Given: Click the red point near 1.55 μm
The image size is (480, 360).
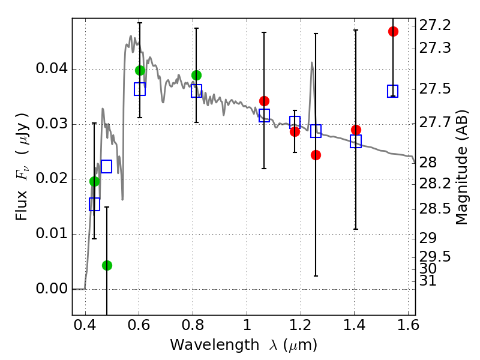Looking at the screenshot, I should tap(393, 31).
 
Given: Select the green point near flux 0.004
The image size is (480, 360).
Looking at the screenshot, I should tap(107, 265).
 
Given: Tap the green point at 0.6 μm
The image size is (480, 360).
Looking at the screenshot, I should tap(140, 70).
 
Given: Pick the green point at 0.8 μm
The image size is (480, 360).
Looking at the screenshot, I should tap(196, 75).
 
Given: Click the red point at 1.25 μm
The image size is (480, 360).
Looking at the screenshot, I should tap(316, 155).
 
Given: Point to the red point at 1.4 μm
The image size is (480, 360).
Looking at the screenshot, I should tap(356, 130).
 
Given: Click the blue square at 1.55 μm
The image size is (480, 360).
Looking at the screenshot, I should tap(393, 91).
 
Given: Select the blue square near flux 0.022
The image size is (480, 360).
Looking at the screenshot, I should tap(106, 166).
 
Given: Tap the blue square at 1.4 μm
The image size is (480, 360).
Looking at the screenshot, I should tap(356, 141).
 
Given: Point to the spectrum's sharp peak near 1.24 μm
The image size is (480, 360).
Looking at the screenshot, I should tap(312, 62).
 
